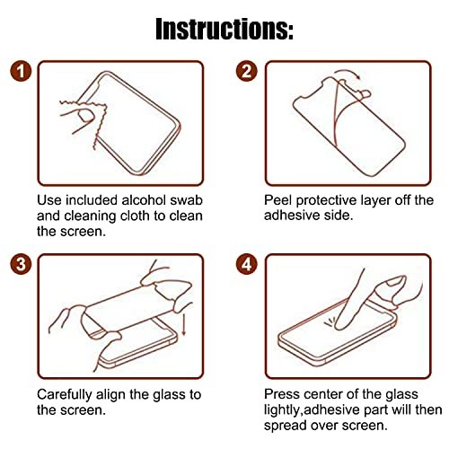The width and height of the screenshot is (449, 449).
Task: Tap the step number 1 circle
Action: tap(21, 72)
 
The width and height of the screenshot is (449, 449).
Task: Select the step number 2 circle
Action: tap(247, 72)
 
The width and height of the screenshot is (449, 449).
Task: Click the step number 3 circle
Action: tap(21, 265)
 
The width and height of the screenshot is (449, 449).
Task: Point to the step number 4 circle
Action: tap(247, 265)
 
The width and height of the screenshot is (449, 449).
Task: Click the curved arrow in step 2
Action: tap(348, 72)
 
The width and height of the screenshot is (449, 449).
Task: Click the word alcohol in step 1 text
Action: tap(145, 200)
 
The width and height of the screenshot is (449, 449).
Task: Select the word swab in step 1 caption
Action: tap(187, 200)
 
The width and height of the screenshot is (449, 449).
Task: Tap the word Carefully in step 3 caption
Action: tap(65, 394)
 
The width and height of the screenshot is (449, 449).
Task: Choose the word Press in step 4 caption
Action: tap(282, 394)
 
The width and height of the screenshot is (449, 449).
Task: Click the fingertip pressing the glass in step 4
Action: tap(341, 325)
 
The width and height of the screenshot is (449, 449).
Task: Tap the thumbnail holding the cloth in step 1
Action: tap(84, 116)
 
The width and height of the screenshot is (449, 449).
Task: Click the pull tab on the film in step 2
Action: tap(365, 93)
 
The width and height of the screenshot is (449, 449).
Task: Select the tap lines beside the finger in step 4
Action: tap(329, 322)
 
